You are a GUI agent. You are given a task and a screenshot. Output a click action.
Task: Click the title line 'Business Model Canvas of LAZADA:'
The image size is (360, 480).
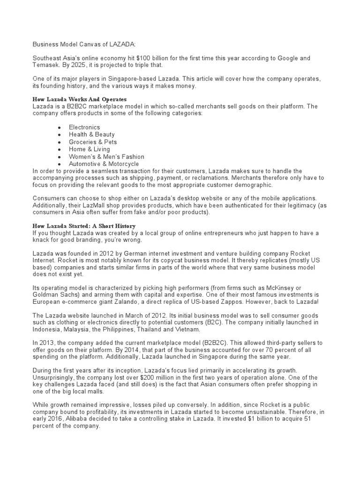pyautogui.click(x=83, y=44)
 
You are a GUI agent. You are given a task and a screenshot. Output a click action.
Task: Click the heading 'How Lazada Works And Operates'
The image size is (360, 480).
pyautogui.click(x=79, y=100)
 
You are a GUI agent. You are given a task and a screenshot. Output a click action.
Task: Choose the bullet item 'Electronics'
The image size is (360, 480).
pyautogui.click(x=84, y=127)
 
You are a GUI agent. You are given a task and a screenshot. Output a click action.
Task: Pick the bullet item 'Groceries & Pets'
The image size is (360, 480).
pyautogui.click(x=93, y=142)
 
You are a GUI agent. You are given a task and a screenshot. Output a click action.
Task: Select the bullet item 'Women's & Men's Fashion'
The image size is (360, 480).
pyautogui.click(x=106, y=157)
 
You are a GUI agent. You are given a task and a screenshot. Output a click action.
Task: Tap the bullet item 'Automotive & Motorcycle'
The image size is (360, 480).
pyautogui.click(x=104, y=164)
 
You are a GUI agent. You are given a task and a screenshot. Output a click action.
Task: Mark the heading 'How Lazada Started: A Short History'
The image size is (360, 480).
pyautogui.click(x=83, y=226)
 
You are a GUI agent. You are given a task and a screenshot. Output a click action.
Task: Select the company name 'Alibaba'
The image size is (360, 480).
pyautogui.click(x=75, y=420)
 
